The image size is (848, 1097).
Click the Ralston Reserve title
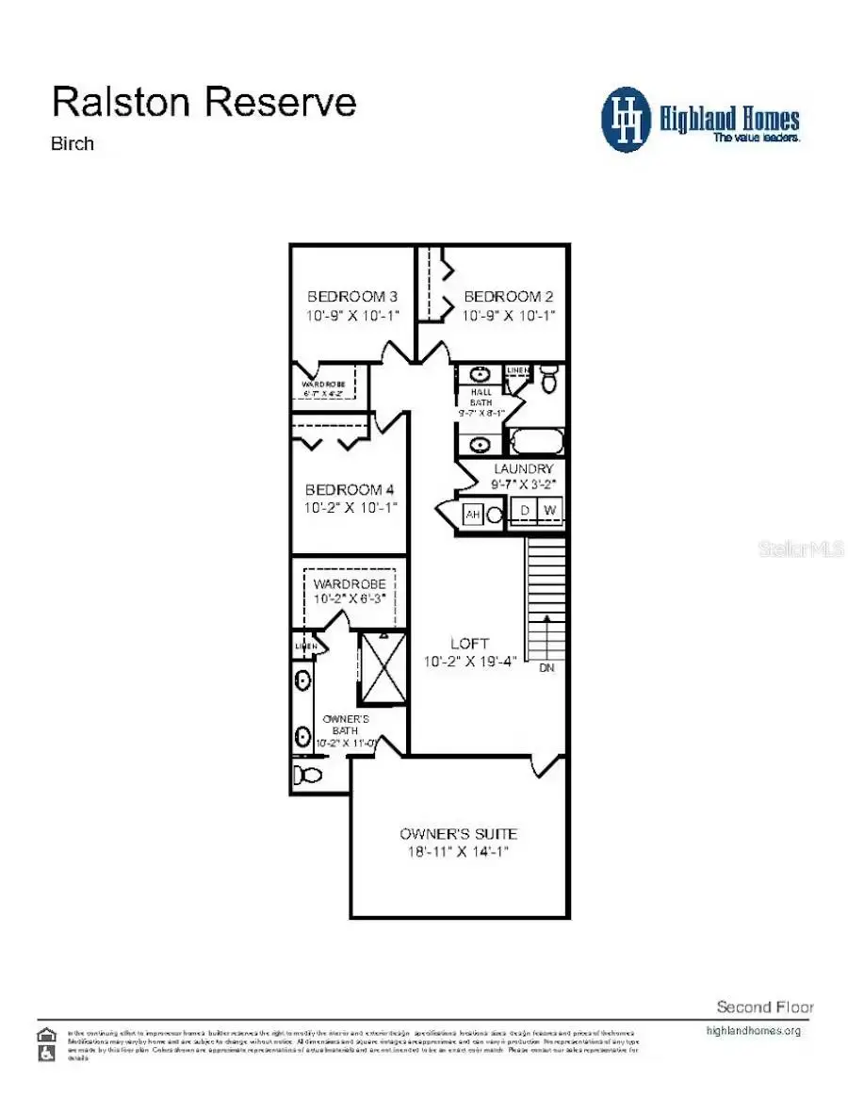tap(204, 102)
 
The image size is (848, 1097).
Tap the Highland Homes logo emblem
tap(628, 120)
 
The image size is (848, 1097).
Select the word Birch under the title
tap(72, 144)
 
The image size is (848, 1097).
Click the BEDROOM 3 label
tap(352, 297)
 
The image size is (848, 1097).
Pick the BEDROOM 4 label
tap(350, 490)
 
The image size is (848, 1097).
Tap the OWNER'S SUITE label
tap(458, 834)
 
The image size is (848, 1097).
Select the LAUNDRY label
tap(522, 468)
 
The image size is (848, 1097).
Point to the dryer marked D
tap(526, 511)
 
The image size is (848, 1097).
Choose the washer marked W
tap(550, 511)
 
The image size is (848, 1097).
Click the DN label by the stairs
tap(546, 668)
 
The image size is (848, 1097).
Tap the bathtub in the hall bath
tap(536, 441)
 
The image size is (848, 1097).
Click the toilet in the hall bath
tap(548, 379)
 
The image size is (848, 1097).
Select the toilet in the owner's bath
tap(307, 776)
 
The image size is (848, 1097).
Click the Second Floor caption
tap(764, 1007)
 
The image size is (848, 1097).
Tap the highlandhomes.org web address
tap(753, 1030)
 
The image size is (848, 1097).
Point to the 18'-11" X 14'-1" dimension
tap(458, 852)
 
